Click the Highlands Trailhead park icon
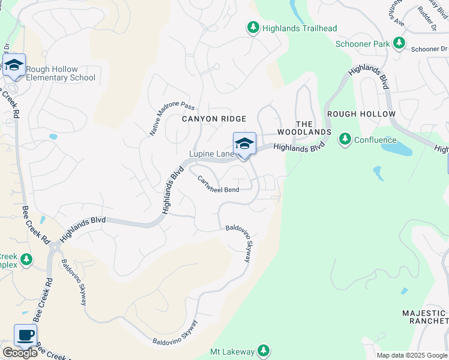coord(253,28)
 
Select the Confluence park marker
coord(345,139)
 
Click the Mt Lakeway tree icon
coord(263,350)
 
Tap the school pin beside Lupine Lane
coord(244,144)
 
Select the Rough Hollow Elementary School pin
coord(14,66)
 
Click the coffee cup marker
coord(25,335)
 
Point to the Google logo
coord(20,353)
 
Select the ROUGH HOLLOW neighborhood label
coord(361,113)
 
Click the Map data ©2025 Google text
coord(412,355)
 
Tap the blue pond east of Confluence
coord(396,146)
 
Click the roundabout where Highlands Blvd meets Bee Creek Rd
coord(55,247)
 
